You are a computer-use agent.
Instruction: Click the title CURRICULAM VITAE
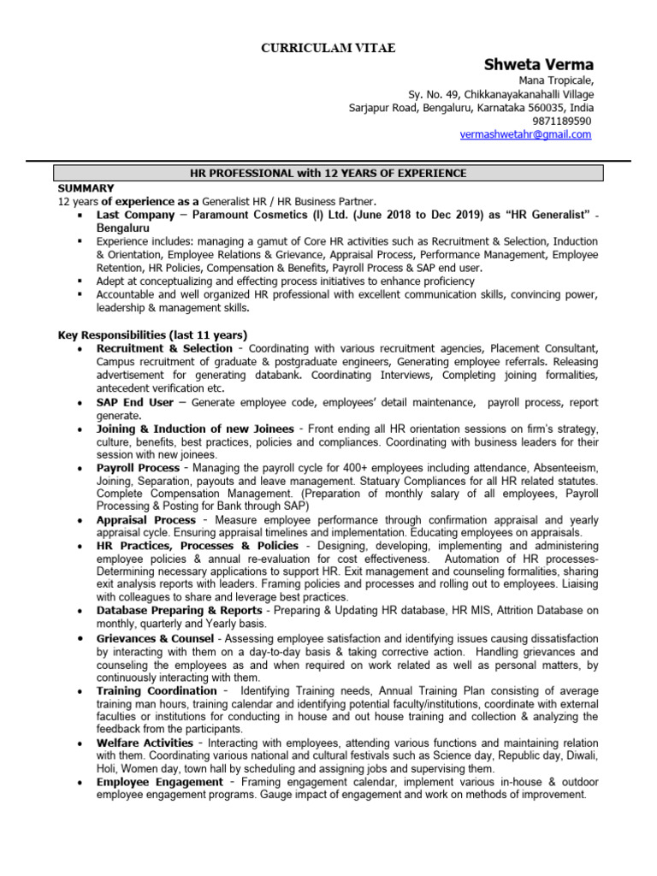[x=328, y=48]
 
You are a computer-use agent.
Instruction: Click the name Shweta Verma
[x=539, y=65]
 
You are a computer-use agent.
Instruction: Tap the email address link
[x=526, y=134]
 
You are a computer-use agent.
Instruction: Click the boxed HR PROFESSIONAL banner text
[x=328, y=174]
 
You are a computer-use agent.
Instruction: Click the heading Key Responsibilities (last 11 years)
[x=152, y=334]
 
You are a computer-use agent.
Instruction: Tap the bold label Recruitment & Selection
[x=164, y=348]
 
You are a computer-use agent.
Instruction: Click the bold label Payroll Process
[x=138, y=468]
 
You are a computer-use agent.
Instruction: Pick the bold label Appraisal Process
[x=146, y=519]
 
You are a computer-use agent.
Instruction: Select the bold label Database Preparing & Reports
[x=179, y=610]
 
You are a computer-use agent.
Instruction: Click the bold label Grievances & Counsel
[x=155, y=638]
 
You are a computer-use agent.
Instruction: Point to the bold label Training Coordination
[x=157, y=690]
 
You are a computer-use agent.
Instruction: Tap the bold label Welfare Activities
[x=145, y=743]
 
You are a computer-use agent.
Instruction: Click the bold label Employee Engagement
[x=159, y=782]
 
